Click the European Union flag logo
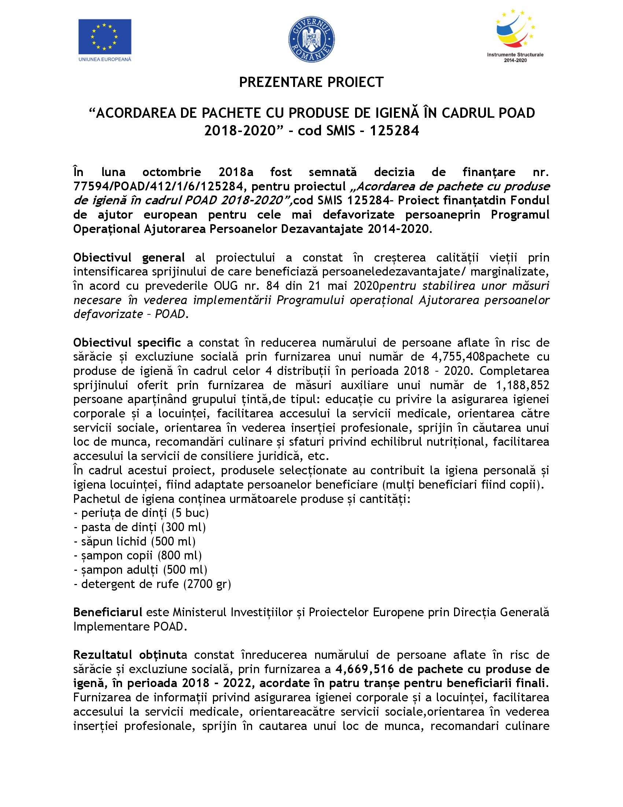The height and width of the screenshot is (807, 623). (104, 37)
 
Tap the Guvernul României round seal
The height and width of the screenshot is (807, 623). (311, 39)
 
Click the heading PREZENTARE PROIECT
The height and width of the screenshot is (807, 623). (311, 82)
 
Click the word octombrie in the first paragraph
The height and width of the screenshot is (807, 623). (172, 172)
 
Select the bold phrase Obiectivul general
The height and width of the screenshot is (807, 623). (129, 258)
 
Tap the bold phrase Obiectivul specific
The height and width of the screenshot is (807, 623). (127, 343)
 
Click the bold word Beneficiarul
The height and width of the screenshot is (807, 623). (108, 613)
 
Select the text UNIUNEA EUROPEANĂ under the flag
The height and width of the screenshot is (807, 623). (105, 59)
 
